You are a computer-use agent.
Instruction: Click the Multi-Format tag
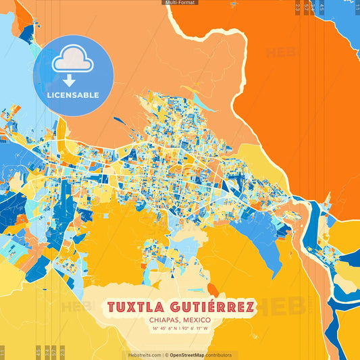[180, 3]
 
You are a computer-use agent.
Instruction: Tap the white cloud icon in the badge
[73, 61]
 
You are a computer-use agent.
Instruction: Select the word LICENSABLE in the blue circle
[73, 95]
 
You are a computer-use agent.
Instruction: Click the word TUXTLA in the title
[138, 307]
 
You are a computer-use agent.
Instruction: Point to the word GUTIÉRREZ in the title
[214, 307]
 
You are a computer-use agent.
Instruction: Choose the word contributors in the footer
[219, 355]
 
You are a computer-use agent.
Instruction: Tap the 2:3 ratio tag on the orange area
[299, 8]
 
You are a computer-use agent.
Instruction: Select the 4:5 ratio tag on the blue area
[322, 8]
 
